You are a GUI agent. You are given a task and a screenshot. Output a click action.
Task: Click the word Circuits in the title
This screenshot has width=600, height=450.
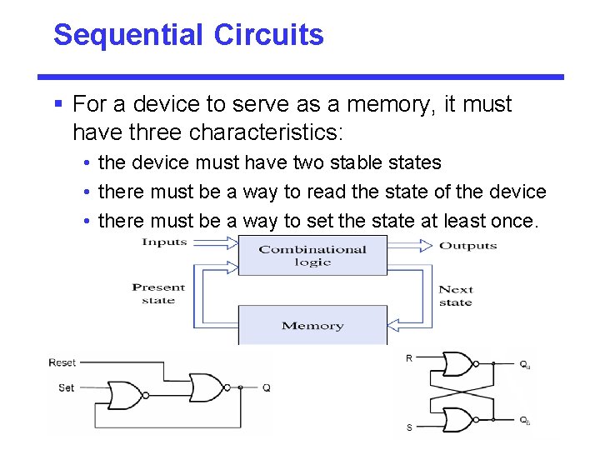(268, 35)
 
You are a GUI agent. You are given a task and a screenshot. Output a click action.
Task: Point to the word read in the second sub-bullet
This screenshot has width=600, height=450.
(326, 192)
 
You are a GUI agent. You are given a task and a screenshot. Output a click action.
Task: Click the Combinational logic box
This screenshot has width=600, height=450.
(312, 255)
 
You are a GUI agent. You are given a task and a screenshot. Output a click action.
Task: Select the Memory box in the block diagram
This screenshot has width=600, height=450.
(312, 325)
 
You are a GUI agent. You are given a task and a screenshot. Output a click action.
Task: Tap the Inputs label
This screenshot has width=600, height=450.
(165, 242)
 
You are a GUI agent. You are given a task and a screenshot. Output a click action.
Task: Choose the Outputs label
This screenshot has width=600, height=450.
(467, 245)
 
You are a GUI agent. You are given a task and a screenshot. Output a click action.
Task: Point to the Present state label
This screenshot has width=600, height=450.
(158, 293)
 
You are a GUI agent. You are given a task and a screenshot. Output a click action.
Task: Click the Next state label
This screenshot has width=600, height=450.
(456, 296)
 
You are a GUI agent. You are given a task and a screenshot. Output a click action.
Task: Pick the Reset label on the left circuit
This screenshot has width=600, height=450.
(62, 362)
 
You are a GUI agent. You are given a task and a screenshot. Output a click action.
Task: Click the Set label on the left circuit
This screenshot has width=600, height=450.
(67, 387)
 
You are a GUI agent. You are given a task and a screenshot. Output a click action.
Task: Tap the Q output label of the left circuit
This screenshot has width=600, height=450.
(267, 387)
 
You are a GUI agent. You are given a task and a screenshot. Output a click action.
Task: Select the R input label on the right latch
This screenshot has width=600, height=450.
(409, 358)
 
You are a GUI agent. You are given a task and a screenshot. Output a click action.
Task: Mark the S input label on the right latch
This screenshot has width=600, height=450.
(409, 427)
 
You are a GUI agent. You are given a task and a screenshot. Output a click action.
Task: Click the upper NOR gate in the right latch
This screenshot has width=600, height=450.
(457, 364)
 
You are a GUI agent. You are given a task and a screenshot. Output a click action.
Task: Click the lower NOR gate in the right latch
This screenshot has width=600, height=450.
(457, 418)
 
